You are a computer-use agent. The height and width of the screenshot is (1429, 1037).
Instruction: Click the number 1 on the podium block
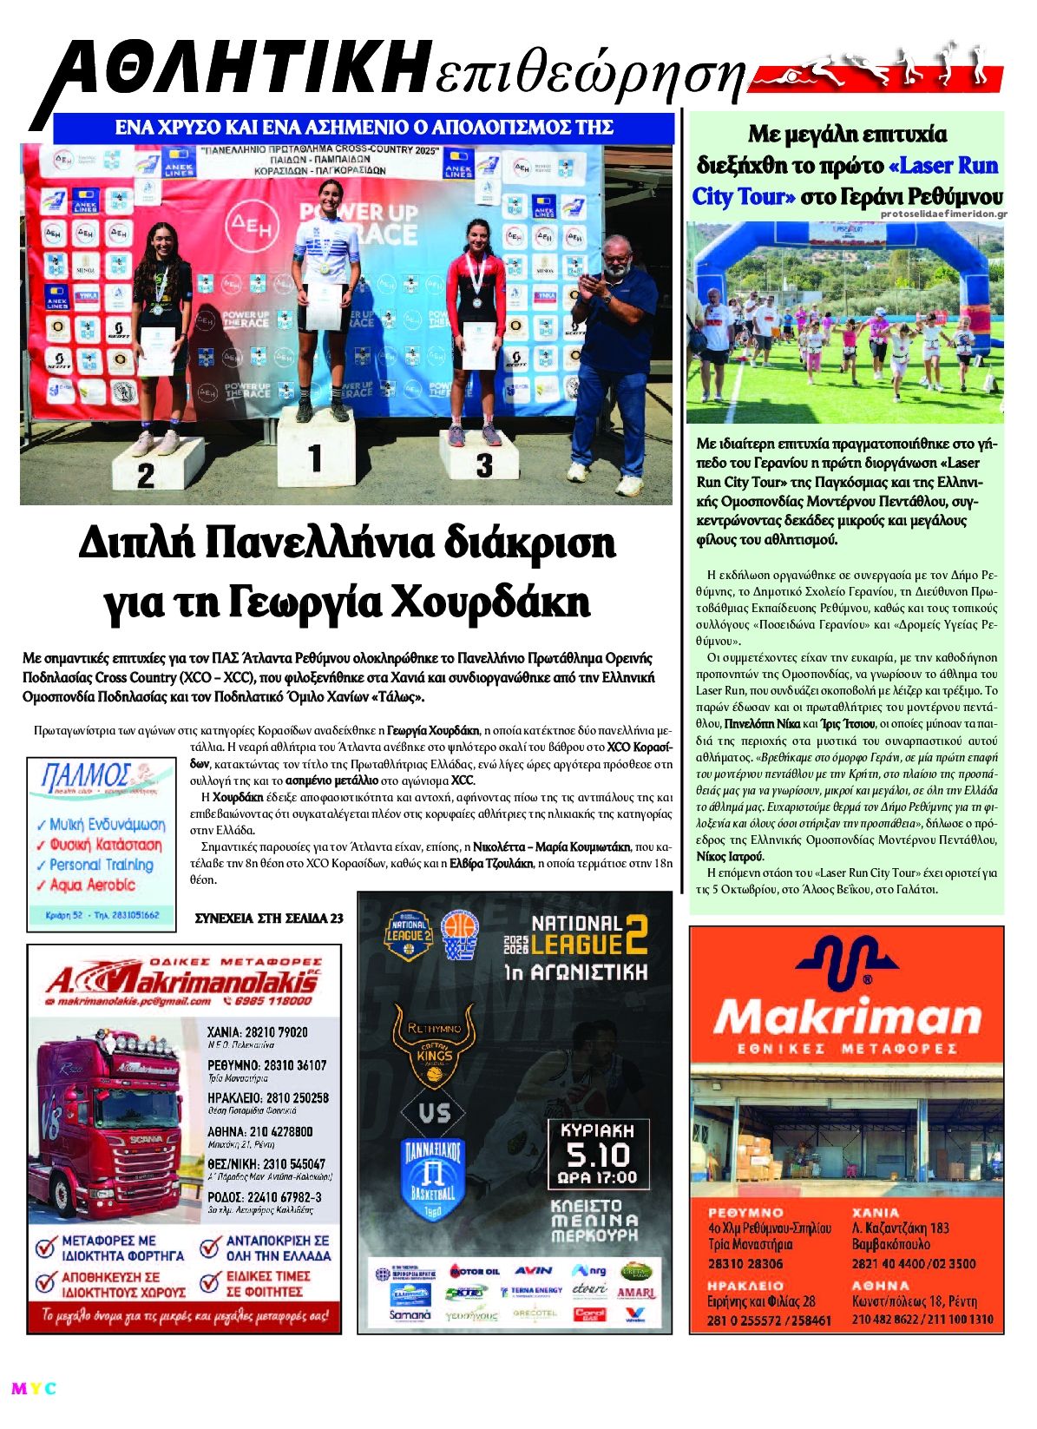tap(315, 458)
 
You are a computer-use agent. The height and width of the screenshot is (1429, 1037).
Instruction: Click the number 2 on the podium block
tap(145, 475)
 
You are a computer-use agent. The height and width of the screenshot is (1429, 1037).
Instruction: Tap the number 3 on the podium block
tap(483, 465)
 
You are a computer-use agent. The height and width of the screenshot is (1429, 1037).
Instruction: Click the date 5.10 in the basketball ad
tap(597, 1155)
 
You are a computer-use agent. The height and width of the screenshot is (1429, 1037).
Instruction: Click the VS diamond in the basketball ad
tap(434, 1112)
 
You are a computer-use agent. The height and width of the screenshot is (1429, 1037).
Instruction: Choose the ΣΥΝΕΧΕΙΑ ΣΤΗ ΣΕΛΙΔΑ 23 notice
tap(268, 918)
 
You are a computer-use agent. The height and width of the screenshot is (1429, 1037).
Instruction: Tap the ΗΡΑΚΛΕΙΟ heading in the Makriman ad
tap(745, 1285)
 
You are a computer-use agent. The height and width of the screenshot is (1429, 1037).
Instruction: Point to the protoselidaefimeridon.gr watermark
tap(942, 214)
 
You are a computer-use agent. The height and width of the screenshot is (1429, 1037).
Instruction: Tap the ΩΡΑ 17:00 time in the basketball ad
tap(597, 1178)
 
